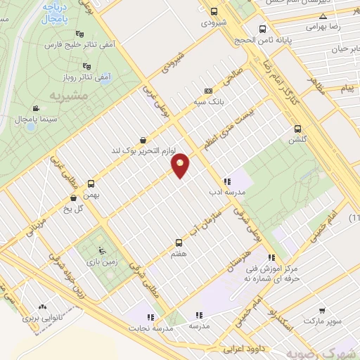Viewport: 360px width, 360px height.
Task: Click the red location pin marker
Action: pos(181,165)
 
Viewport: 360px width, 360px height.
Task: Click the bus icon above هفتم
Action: pos(178,243)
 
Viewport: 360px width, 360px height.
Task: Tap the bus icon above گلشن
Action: pos(298,129)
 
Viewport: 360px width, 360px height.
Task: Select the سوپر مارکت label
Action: pos(323,321)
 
